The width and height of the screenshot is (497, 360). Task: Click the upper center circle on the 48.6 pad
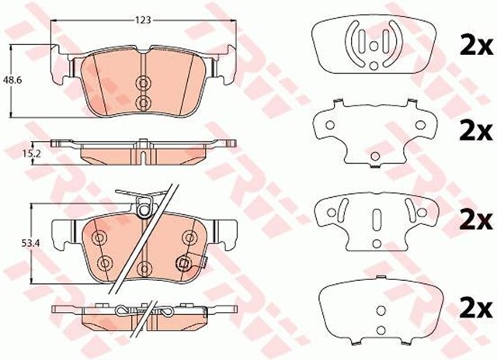point(142,84)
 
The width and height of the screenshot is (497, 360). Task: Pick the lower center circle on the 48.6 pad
point(142,102)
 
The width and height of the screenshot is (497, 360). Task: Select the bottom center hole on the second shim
point(374,152)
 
